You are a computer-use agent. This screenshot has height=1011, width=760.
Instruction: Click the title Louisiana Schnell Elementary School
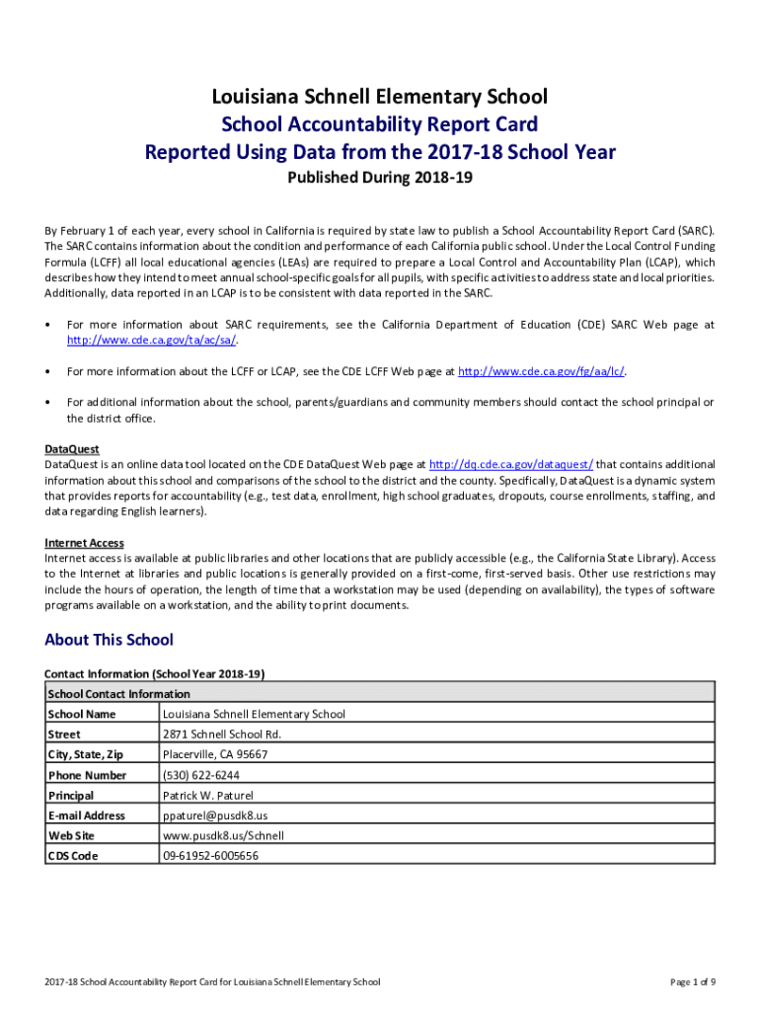pyautogui.click(x=380, y=97)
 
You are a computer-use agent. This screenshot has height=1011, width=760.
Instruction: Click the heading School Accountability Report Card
pyautogui.click(x=380, y=124)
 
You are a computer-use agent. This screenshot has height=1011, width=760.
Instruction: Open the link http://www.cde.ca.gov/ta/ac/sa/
pyautogui.click(x=152, y=341)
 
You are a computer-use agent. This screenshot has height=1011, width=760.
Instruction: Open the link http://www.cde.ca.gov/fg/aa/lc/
pyautogui.click(x=542, y=371)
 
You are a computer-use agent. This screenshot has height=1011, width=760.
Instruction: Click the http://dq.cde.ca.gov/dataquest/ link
pyautogui.click(x=511, y=463)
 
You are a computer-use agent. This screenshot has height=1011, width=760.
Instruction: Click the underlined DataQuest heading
pyautogui.click(x=72, y=449)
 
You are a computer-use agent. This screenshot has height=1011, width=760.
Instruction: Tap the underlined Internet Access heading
pyautogui.click(x=84, y=543)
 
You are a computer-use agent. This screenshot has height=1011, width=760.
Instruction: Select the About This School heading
pyautogui.click(x=109, y=640)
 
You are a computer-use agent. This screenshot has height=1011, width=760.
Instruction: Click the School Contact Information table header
pyautogui.click(x=118, y=694)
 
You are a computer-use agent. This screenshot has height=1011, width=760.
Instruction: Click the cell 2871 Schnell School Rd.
pyautogui.click(x=222, y=735)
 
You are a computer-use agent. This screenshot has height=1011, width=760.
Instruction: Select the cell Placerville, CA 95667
pyautogui.click(x=215, y=754)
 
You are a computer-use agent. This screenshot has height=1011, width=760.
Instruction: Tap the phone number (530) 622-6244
pyautogui.click(x=201, y=775)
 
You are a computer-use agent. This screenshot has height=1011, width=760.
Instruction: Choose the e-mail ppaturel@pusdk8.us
pyautogui.click(x=215, y=816)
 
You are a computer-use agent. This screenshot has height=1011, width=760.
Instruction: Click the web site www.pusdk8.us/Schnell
pyautogui.click(x=223, y=835)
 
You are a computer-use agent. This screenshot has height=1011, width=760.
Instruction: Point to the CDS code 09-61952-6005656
pyautogui.click(x=211, y=856)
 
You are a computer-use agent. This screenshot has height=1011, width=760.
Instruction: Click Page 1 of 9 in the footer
pyautogui.click(x=692, y=982)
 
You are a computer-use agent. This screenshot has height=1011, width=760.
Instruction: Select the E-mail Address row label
pyautogui.click(x=86, y=816)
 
